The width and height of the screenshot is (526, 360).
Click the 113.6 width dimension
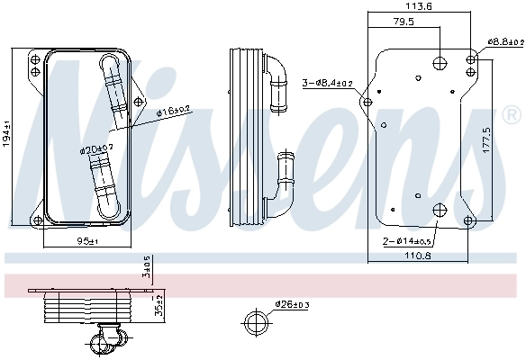tap(420, 5)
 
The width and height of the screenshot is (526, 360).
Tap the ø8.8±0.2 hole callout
tap(504, 41)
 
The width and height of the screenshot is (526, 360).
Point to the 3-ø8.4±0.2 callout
tap(329, 83)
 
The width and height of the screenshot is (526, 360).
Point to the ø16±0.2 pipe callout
tap(174, 112)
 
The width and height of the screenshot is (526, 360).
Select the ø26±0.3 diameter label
tap(292, 304)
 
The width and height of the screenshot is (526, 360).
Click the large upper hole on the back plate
tap(438, 63)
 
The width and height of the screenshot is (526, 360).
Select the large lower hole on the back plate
tap(438, 211)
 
